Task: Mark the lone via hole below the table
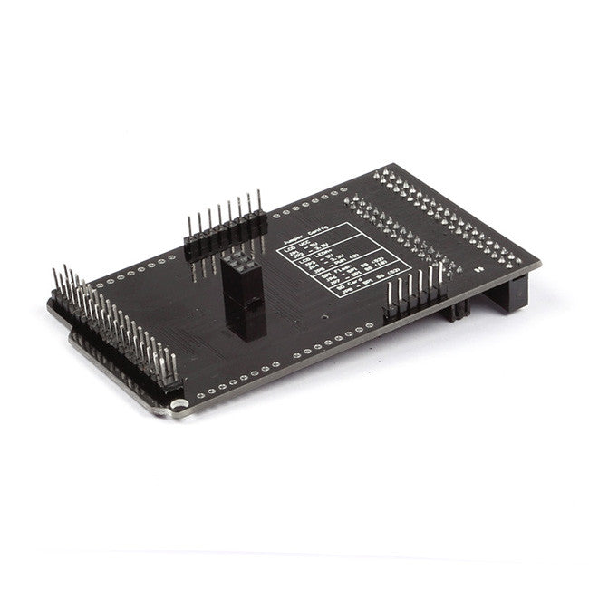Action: click(323, 318)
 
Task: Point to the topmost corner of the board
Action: click(391, 165)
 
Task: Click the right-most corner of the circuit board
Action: click(541, 263)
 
